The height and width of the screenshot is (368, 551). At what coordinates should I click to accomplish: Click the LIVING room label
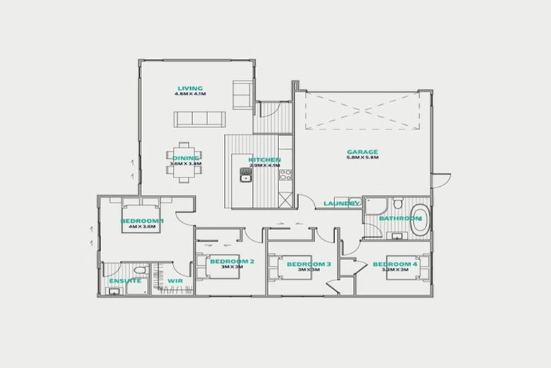[x=190, y=88]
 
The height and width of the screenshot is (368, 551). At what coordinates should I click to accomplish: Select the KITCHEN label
[x=265, y=160]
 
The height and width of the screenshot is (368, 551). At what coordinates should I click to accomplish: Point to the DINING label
[x=186, y=158]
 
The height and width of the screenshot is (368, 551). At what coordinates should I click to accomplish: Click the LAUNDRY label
[x=341, y=203]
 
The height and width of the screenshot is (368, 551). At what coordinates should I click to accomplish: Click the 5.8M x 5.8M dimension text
[x=362, y=157]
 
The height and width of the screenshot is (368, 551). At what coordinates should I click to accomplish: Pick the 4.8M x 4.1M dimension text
[x=190, y=94]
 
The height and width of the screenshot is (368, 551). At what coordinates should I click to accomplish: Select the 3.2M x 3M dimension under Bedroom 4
[x=395, y=270]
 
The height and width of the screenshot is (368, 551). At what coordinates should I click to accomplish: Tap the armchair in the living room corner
[x=242, y=91]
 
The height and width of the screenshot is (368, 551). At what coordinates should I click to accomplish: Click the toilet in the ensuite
[x=141, y=271]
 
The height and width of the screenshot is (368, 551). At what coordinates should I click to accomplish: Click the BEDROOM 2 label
[x=232, y=261]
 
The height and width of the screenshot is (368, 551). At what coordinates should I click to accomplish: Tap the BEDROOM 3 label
[x=309, y=264]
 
